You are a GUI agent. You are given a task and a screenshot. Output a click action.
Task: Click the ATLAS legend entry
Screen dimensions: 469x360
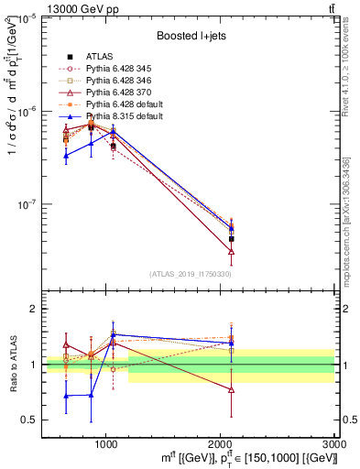coord(101,57)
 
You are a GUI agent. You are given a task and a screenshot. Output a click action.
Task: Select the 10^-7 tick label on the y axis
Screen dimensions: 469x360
coord(27,204)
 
